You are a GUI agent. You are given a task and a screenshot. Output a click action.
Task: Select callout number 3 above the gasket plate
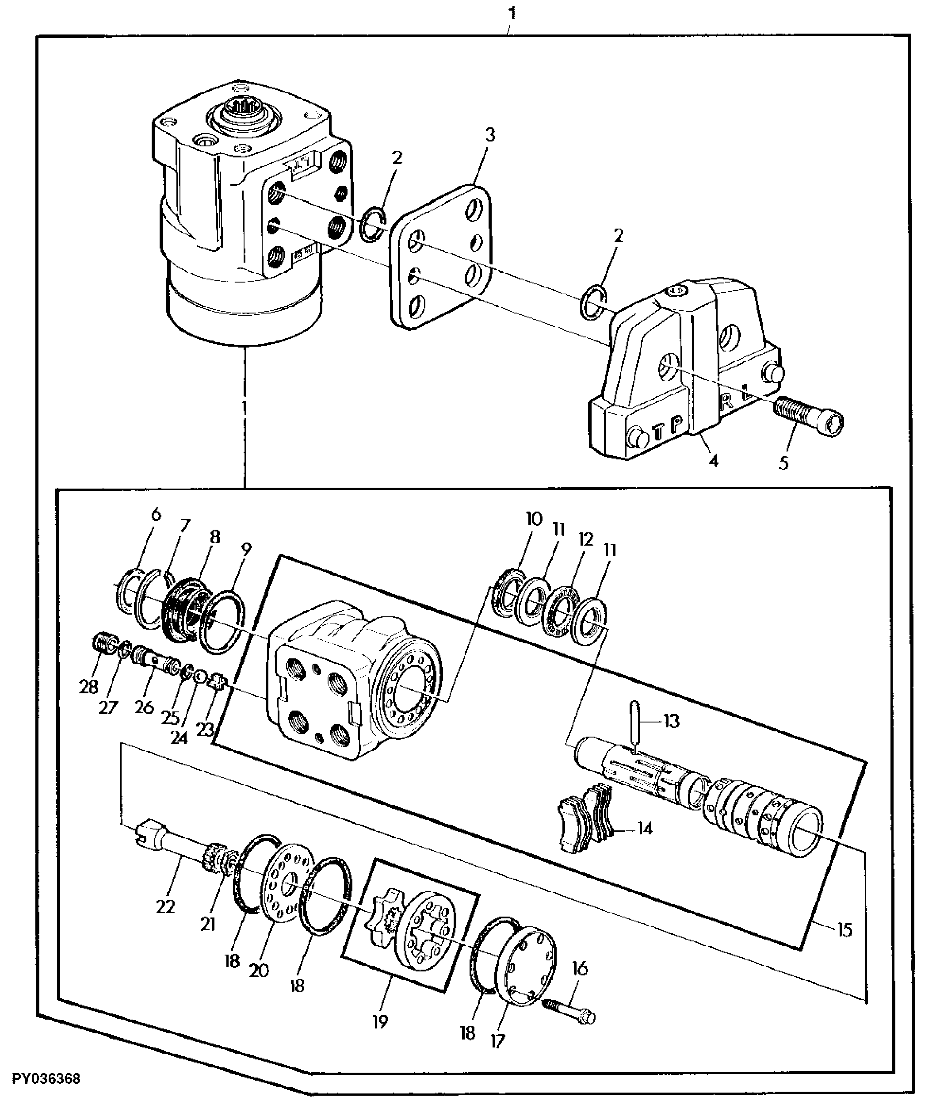(490, 135)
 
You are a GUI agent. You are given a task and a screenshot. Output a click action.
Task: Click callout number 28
(88, 687)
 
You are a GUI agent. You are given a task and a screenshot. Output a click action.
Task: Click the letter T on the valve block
(658, 432)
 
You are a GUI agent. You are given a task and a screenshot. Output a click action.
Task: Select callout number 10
(534, 520)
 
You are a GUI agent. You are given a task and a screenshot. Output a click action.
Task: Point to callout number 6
(155, 515)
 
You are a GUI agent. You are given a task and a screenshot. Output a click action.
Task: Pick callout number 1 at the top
(511, 13)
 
